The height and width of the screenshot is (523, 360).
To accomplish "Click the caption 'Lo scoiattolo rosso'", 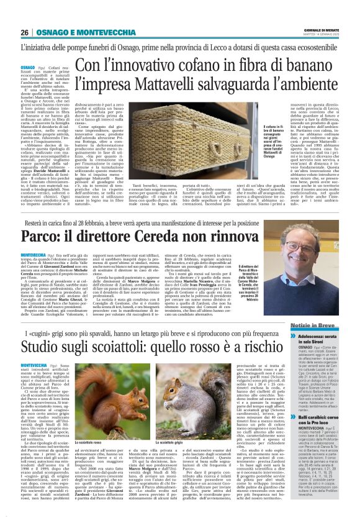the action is pyautogui.click(x=89, y=425).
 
